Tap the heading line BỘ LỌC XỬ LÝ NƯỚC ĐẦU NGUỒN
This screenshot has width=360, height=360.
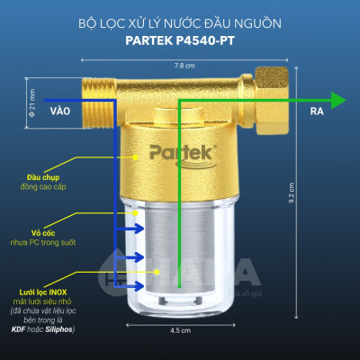180,20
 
